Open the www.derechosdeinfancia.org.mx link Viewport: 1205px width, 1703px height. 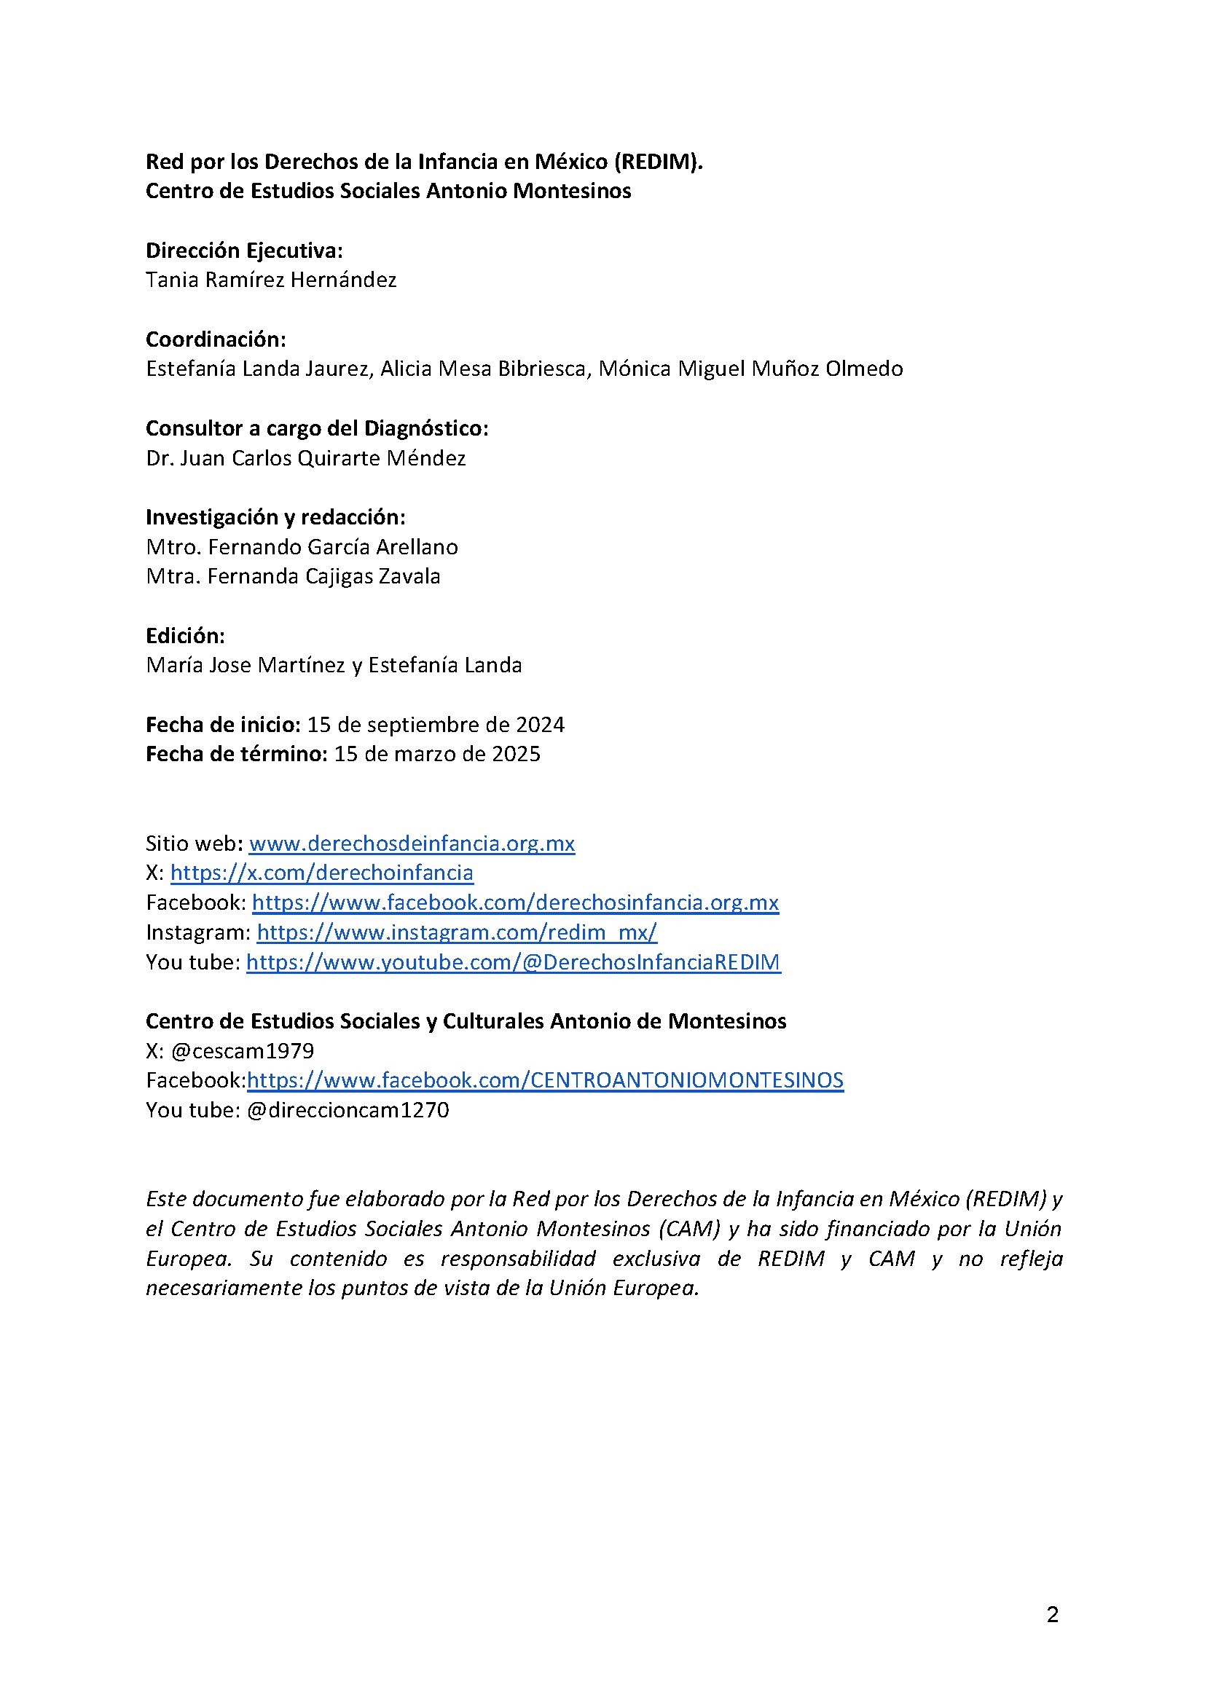click(x=412, y=843)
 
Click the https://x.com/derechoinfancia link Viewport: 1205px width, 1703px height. click(x=321, y=873)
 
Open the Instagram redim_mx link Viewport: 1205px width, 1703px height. click(x=456, y=932)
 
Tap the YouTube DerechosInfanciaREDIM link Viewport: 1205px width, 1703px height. click(x=513, y=961)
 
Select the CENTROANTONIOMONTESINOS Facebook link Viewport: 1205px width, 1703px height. click(x=545, y=1080)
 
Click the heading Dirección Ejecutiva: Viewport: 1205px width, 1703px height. click(x=244, y=251)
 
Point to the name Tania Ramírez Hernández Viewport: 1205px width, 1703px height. click(x=271, y=280)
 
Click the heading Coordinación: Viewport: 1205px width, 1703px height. click(x=216, y=339)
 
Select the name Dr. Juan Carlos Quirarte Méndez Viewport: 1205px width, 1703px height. click(x=306, y=457)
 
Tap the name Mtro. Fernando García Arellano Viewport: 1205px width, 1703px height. click(x=302, y=546)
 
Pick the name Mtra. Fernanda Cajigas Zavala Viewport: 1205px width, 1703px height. click(x=293, y=576)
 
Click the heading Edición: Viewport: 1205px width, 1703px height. click(x=185, y=636)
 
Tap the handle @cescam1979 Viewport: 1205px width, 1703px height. click(x=242, y=1050)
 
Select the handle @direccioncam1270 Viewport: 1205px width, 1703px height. click(x=348, y=1109)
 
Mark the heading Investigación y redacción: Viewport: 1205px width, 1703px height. click(x=275, y=517)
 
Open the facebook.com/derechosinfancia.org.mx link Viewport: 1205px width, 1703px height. click(x=515, y=902)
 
